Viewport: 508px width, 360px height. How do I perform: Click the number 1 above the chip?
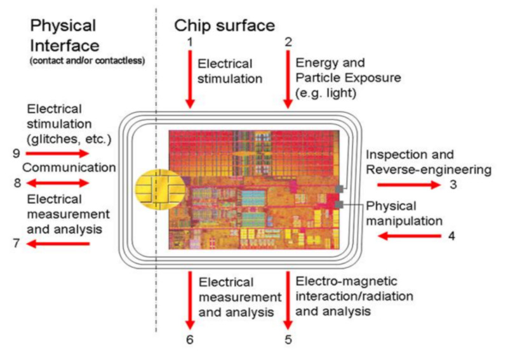click(x=190, y=42)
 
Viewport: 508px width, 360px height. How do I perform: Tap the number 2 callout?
click(x=288, y=42)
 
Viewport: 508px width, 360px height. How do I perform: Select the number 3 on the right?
click(x=453, y=184)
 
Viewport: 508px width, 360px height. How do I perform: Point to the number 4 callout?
click(x=451, y=236)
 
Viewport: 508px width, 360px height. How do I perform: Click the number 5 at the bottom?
click(x=288, y=340)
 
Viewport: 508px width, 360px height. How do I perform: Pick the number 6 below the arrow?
click(x=190, y=340)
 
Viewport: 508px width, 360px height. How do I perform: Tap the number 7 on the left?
click(x=17, y=243)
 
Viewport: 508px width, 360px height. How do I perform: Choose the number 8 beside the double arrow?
click(x=17, y=183)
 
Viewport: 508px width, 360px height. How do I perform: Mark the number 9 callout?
click(x=17, y=153)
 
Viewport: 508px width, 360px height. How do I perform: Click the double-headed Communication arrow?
click(x=57, y=183)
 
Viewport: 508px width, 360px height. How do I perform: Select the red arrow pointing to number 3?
click(x=409, y=185)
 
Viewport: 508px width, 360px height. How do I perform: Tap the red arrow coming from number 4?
click(x=409, y=236)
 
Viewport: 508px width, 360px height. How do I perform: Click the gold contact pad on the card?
click(x=160, y=190)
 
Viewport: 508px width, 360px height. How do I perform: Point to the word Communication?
click(x=69, y=168)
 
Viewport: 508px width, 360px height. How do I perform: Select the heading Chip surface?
click(x=225, y=25)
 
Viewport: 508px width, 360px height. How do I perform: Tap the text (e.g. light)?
click(x=326, y=93)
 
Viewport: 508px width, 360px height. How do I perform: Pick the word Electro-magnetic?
click(x=346, y=281)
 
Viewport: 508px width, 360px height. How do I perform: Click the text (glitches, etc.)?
click(x=69, y=139)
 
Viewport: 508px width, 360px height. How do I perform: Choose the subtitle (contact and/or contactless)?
click(x=88, y=60)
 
